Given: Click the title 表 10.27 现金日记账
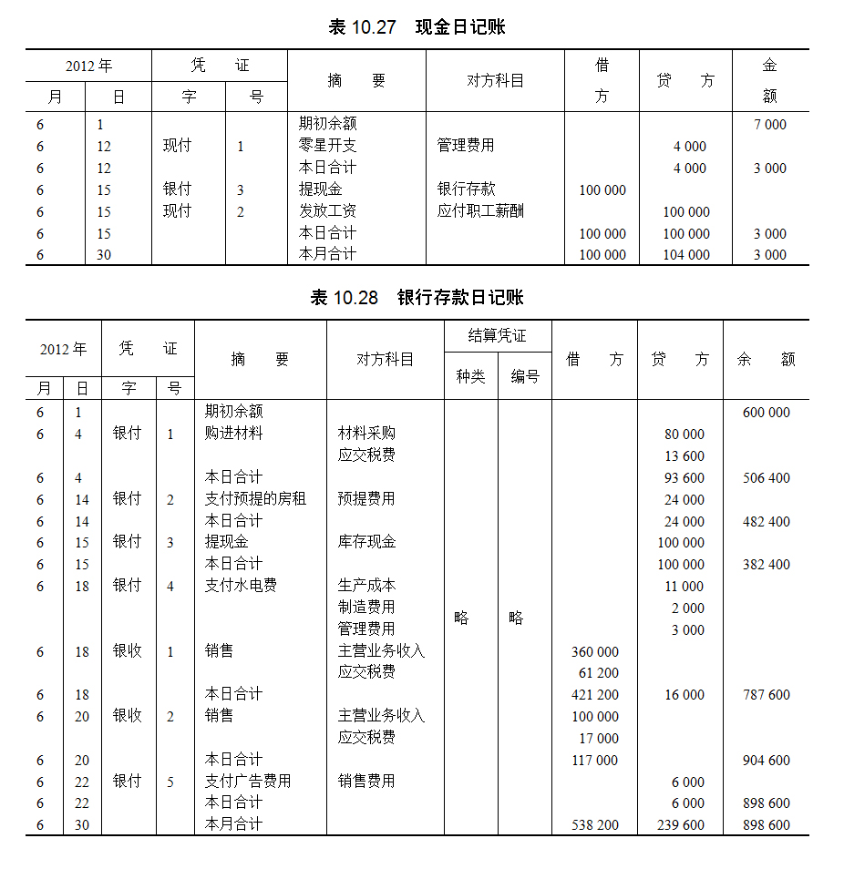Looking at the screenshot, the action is click(x=417, y=27).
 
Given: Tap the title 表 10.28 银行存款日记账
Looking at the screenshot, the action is click(x=417, y=298).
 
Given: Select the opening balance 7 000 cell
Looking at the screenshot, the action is click(x=770, y=125).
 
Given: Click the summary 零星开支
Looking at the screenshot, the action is click(x=328, y=146).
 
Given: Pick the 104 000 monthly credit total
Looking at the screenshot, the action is click(x=686, y=255).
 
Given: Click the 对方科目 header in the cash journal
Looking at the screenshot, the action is click(x=495, y=81).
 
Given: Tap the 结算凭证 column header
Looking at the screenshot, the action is click(x=497, y=336).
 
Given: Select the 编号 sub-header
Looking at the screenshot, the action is click(x=525, y=376).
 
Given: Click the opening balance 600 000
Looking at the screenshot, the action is click(x=767, y=413).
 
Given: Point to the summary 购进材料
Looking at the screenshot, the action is click(x=234, y=434).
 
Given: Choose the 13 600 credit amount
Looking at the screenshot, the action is click(x=684, y=456).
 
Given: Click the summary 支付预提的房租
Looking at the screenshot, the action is click(x=255, y=499).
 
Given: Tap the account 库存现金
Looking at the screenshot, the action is click(x=367, y=542).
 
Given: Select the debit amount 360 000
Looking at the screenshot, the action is click(x=595, y=652).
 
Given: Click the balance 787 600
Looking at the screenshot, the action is click(x=767, y=695).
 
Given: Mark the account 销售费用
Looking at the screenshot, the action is click(x=367, y=782).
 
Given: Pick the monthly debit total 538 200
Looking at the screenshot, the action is click(x=595, y=825).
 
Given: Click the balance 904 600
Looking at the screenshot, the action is click(x=767, y=761).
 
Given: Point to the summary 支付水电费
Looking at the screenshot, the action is click(x=242, y=586).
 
